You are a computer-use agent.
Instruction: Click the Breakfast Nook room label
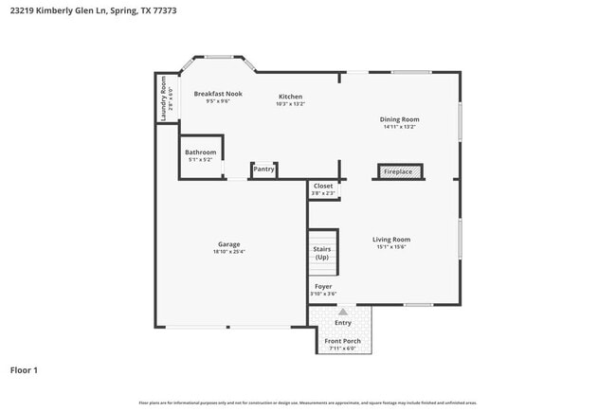tap(218, 94)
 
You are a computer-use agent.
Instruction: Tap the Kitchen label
tap(290, 97)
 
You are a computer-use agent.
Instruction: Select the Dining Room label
tap(399, 119)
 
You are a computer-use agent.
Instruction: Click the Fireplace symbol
tap(397, 172)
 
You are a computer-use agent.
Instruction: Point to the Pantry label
tap(263, 170)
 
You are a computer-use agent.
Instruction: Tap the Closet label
tap(323, 186)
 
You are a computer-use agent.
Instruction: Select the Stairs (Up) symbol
tap(322, 253)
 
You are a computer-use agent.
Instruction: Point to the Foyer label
tap(323, 286)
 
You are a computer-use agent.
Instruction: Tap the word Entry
tap(342, 322)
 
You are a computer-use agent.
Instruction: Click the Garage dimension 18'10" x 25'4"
tap(228, 252)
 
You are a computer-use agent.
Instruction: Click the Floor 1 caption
tap(24, 369)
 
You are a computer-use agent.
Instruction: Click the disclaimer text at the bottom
tap(308, 402)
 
